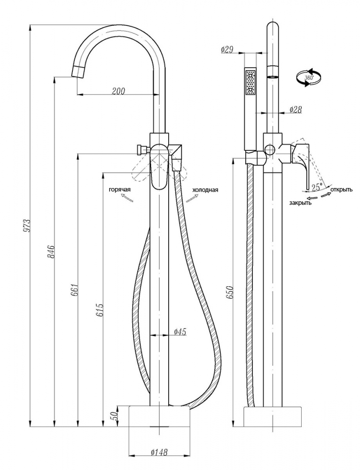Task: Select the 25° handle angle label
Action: point(318,187)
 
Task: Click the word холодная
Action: point(205,189)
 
